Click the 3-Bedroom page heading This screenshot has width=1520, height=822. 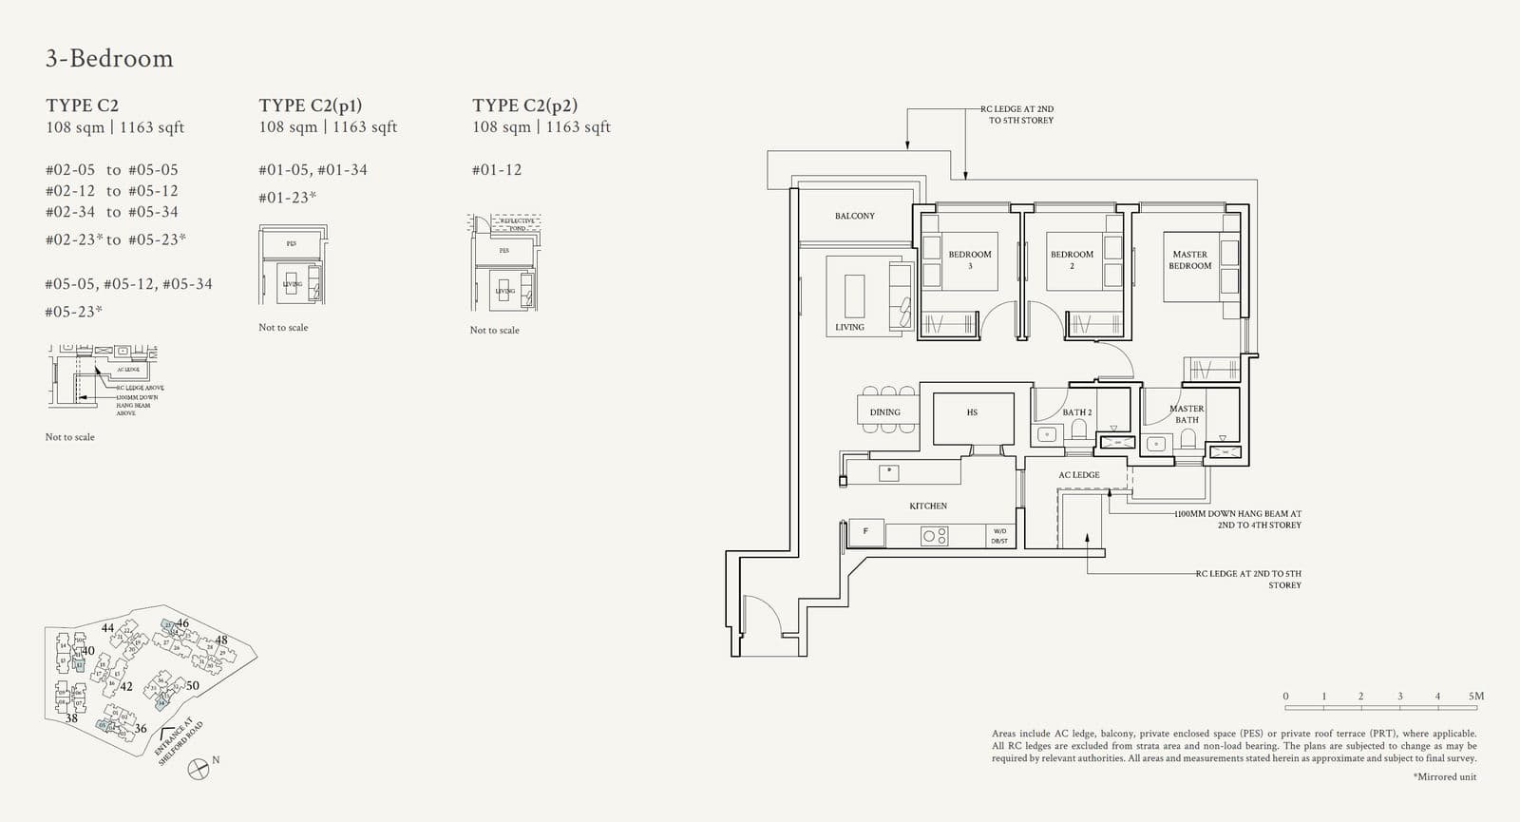109,59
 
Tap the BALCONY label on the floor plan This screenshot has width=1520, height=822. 854,216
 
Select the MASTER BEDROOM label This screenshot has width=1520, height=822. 1189,259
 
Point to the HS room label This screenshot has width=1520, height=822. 972,412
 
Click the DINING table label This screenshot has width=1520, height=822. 884,412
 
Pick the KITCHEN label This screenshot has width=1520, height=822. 927,506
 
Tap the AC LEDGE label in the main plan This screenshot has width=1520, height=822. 1078,475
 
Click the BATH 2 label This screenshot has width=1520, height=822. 1076,412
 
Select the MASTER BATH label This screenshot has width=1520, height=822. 1187,413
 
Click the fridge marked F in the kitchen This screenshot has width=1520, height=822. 865,532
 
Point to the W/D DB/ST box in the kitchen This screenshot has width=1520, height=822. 999,536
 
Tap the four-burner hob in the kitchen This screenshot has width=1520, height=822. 934,536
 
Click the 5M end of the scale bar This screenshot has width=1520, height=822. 1475,697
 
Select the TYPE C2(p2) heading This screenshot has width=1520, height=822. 524,105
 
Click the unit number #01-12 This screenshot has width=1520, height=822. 497,170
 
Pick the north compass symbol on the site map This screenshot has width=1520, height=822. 199,769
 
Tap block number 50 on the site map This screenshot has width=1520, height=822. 193,685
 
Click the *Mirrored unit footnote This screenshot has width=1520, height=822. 1444,777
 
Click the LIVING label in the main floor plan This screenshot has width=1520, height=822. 849,327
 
